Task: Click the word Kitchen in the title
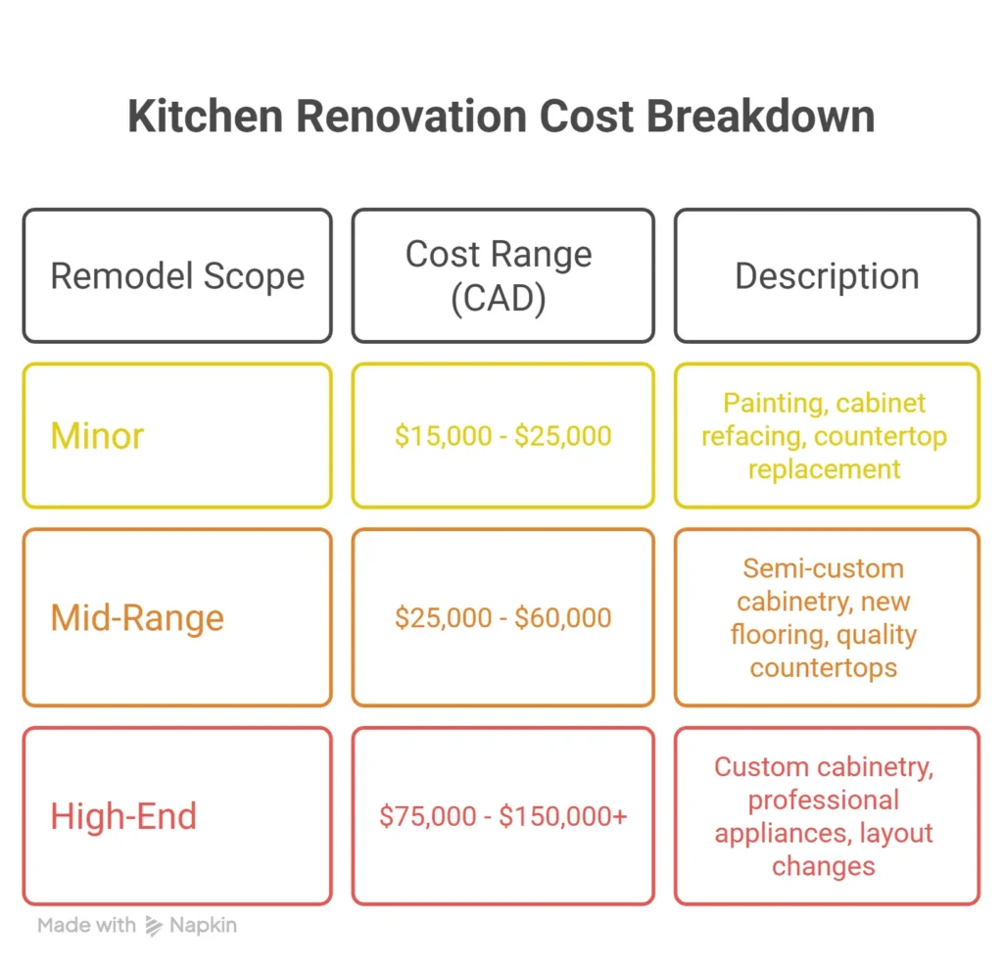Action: point(205,117)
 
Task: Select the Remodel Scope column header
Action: point(177,276)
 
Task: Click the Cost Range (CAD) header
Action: point(499,276)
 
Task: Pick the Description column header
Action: point(827,276)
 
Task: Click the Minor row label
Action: point(97,436)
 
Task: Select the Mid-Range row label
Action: point(137,618)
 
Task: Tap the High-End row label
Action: point(123,816)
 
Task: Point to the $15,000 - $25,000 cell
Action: point(502,436)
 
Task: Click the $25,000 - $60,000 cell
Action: point(502,618)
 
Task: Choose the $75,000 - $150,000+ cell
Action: point(502,816)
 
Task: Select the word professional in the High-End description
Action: point(823,801)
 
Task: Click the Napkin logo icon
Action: point(153,925)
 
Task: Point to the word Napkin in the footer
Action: point(203,925)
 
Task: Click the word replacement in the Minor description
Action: point(824,468)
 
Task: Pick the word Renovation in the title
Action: point(415,117)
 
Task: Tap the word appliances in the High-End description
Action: point(778,834)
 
